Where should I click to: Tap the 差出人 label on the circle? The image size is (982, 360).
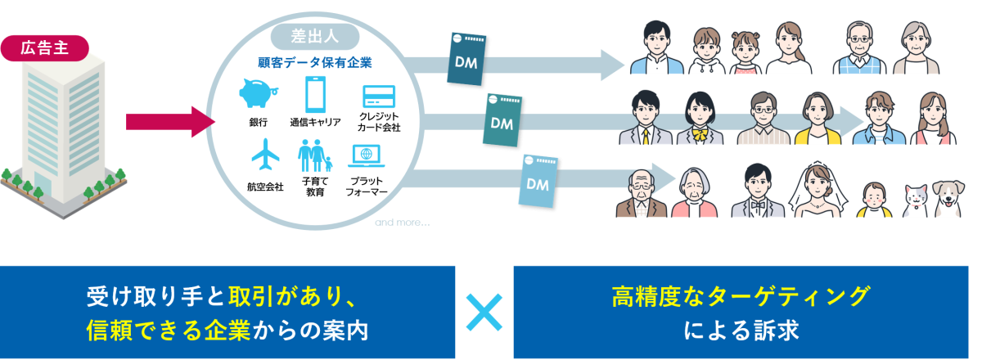pyautogui.click(x=314, y=35)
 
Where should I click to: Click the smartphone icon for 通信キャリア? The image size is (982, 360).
pyautogui.click(x=316, y=94)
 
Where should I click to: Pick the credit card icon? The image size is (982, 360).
pyautogui.click(x=378, y=95)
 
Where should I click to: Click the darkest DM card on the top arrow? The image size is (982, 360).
pyautogui.click(x=471, y=59)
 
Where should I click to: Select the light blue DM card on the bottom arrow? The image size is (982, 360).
pyautogui.click(x=538, y=185)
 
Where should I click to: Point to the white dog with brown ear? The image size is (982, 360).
pyautogui.click(x=944, y=199)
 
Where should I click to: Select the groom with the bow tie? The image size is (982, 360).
pyautogui.click(x=758, y=191)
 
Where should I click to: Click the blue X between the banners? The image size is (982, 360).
pyautogui.click(x=484, y=312)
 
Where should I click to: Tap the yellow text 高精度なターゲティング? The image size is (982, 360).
pyautogui.click(x=741, y=295)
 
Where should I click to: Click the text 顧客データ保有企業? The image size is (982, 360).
pyautogui.click(x=314, y=61)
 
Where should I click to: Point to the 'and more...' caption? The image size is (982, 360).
pyautogui.click(x=401, y=222)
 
